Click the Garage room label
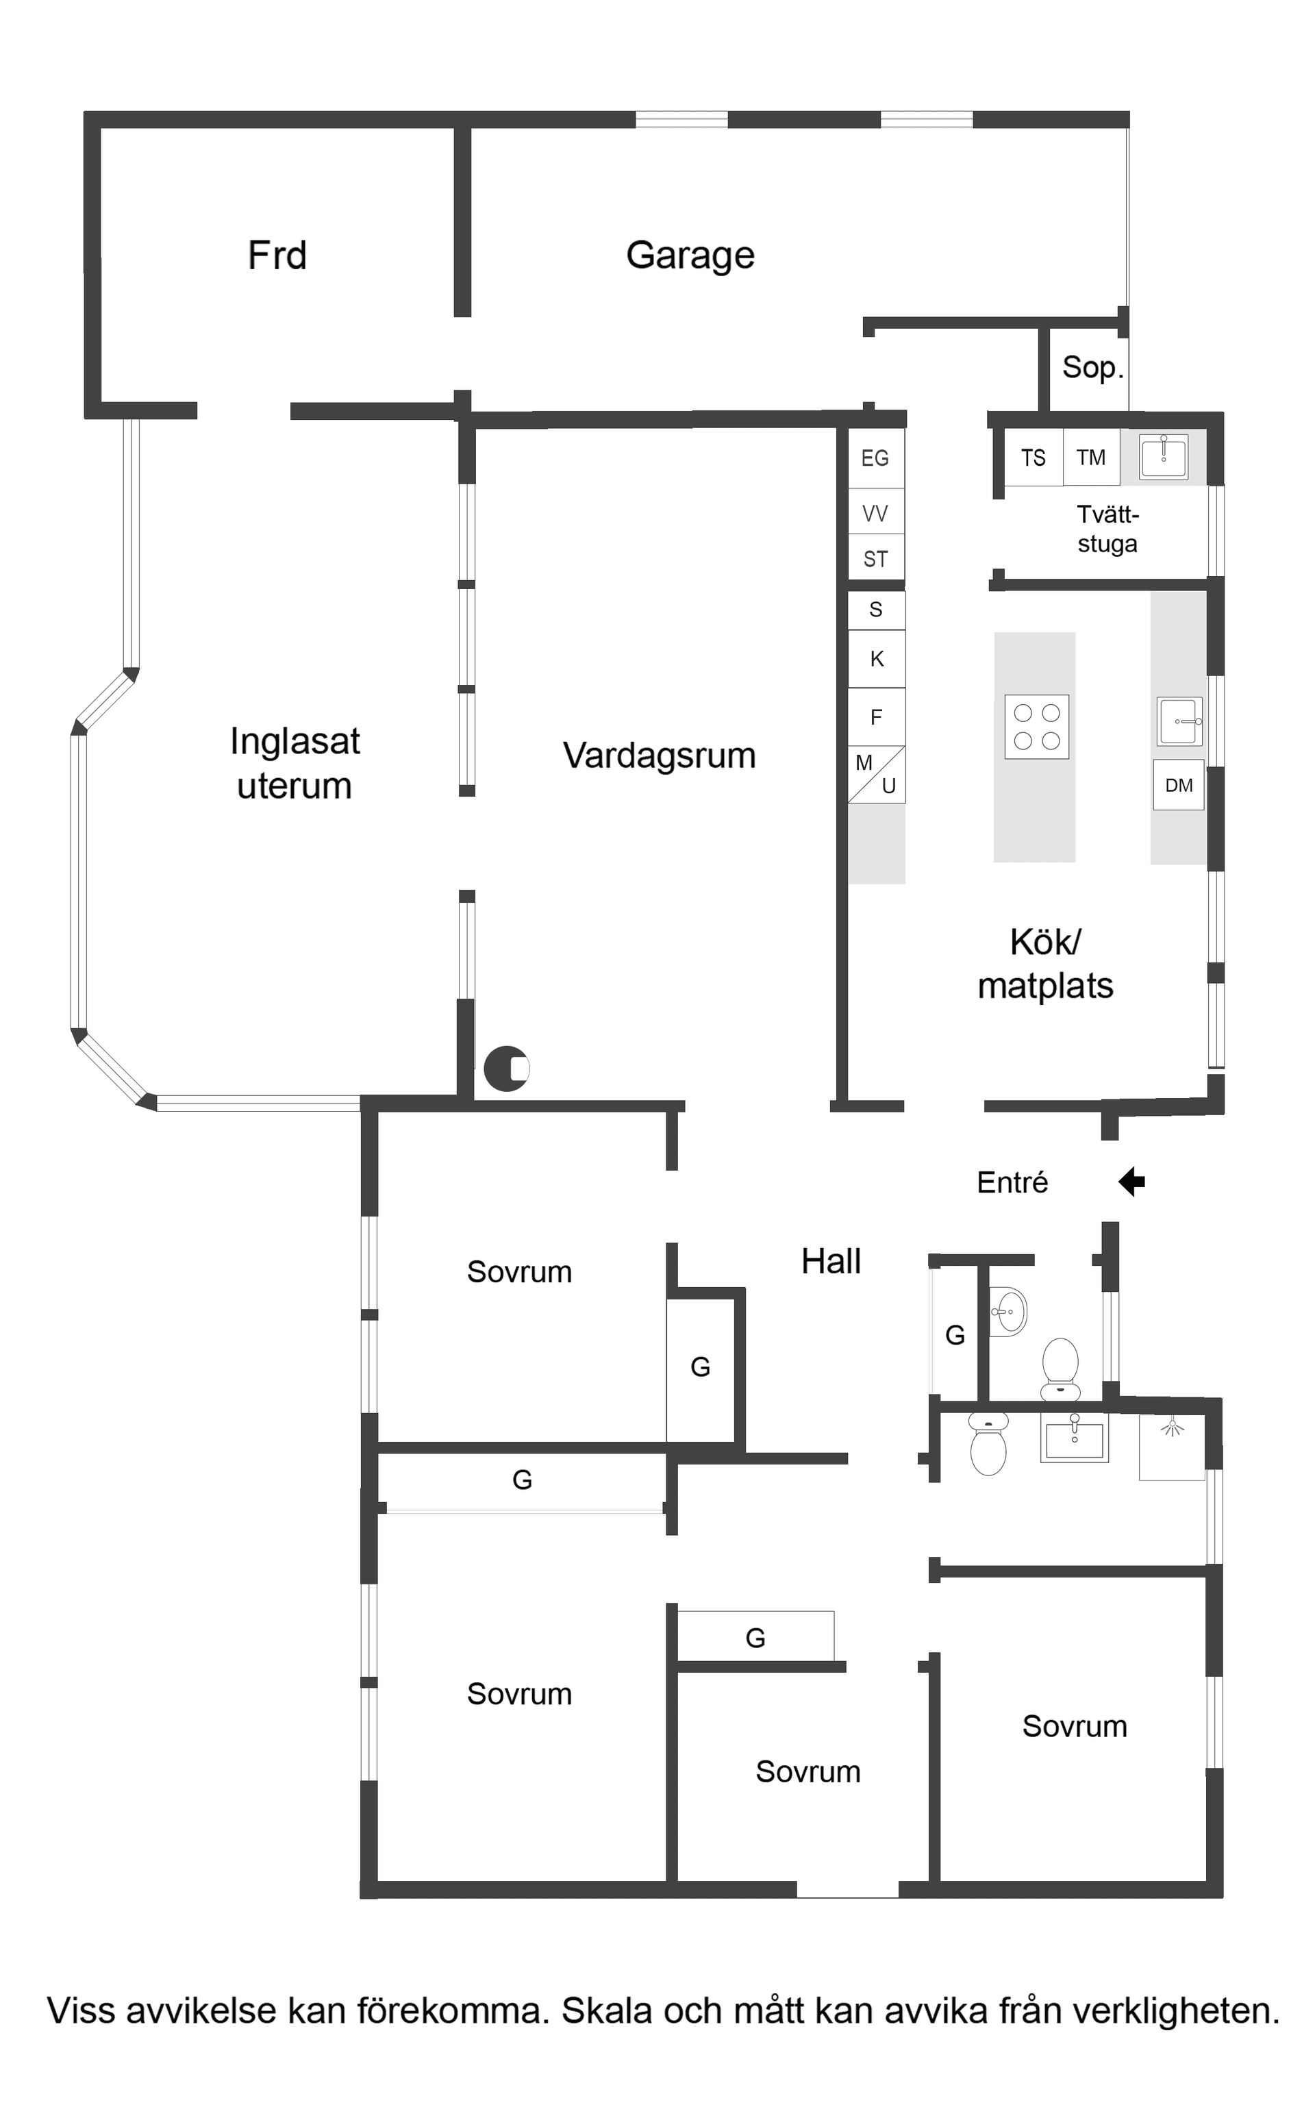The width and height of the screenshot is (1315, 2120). [x=690, y=255]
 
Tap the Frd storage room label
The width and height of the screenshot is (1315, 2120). [x=277, y=255]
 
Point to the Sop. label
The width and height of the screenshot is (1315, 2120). [x=1092, y=367]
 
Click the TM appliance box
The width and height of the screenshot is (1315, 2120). [x=1090, y=458]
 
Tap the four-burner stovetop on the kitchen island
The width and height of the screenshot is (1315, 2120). [x=1037, y=727]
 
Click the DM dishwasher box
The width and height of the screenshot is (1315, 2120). [x=1179, y=785]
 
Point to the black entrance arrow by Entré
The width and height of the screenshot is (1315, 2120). [x=1131, y=1182]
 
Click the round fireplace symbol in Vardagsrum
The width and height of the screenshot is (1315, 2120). [x=506, y=1068]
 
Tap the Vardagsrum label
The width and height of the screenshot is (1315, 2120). [x=660, y=755]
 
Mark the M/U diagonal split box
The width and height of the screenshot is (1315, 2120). [x=877, y=774]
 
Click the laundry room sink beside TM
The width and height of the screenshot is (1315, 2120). [x=1164, y=456]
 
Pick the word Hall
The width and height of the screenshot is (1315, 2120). [x=831, y=1261]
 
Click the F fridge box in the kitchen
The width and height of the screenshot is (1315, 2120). [x=877, y=716]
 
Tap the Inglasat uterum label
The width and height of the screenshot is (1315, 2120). [x=295, y=762]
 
